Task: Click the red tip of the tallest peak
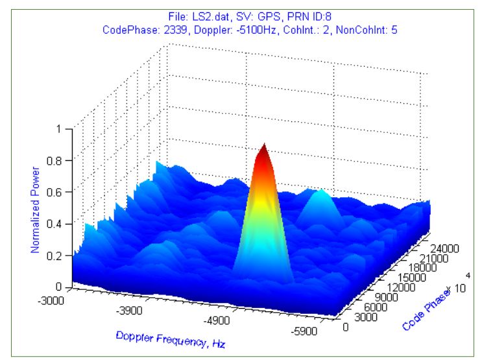(263, 150)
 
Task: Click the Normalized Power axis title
(36, 210)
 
